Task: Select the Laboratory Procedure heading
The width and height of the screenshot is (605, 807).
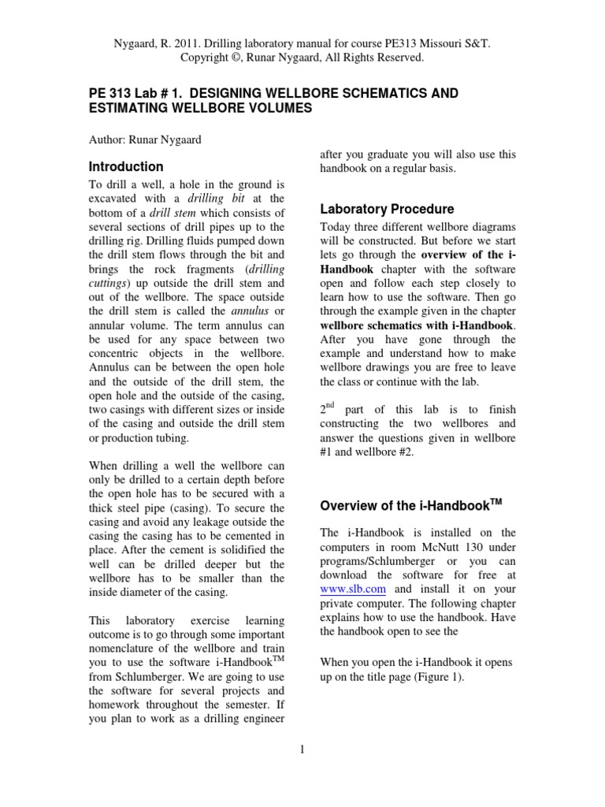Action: click(387, 209)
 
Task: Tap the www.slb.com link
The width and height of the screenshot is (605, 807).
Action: click(341, 589)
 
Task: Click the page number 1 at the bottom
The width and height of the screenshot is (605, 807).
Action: click(302, 749)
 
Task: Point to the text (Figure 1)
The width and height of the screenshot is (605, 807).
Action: click(436, 676)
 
